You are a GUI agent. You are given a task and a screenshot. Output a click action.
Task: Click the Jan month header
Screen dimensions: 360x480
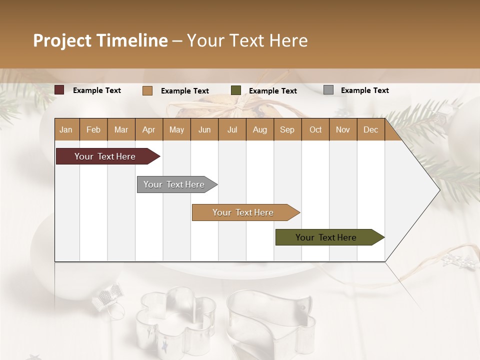point(66,129)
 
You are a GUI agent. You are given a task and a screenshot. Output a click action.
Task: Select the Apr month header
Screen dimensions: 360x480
point(148,129)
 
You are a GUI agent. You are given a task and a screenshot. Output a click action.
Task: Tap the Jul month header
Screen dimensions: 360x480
point(232,129)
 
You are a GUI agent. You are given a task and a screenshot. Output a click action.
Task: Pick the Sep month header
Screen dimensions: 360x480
point(287,129)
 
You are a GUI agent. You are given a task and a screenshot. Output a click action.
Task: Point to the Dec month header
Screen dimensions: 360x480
point(370,129)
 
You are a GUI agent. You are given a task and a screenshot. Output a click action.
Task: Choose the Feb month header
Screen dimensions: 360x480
point(93,129)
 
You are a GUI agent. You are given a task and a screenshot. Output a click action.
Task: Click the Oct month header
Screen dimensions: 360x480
point(315,129)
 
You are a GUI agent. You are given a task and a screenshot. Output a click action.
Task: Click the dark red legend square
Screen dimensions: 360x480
point(59,90)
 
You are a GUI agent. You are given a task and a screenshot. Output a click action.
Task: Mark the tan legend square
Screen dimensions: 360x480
point(147,90)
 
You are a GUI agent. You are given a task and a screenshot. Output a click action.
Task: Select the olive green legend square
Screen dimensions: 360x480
point(236,90)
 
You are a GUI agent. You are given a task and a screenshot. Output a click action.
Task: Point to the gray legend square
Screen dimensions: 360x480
point(328,90)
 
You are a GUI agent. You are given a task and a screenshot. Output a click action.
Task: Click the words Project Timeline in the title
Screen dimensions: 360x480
point(100,40)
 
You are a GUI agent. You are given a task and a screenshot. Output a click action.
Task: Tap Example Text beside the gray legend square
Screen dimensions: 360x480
point(364,90)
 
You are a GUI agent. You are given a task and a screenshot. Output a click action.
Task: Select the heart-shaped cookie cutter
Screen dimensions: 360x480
point(270,317)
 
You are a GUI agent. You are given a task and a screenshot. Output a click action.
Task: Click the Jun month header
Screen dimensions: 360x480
point(204,129)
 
